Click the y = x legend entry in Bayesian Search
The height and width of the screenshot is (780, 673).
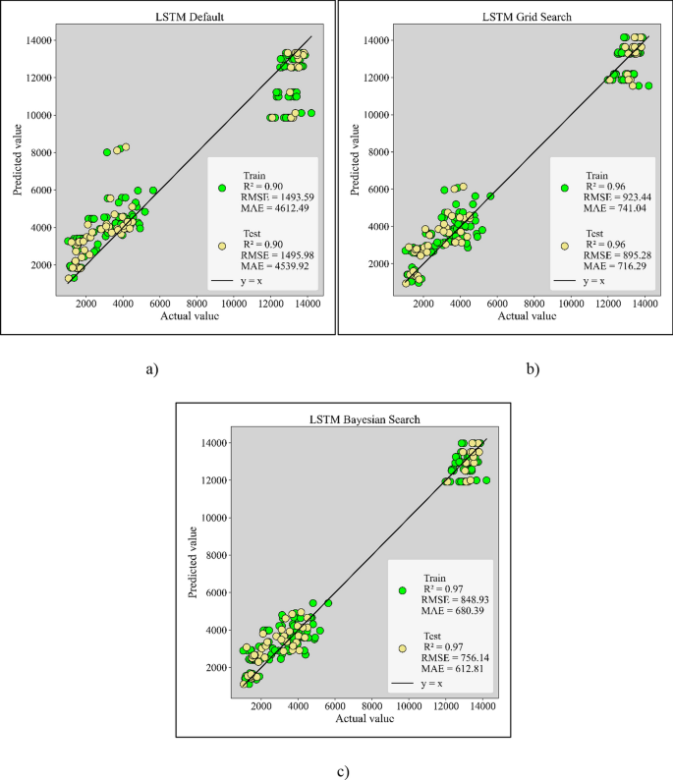pyautogui.click(x=418, y=683)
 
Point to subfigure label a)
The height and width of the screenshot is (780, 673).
pyautogui.click(x=151, y=369)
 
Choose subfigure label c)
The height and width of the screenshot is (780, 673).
pyautogui.click(x=342, y=771)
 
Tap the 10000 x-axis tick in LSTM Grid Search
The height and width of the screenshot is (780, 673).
pyautogui.click(x=571, y=303)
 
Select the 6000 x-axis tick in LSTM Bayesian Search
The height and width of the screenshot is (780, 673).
pyautogui.click(x=335, y=705)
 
